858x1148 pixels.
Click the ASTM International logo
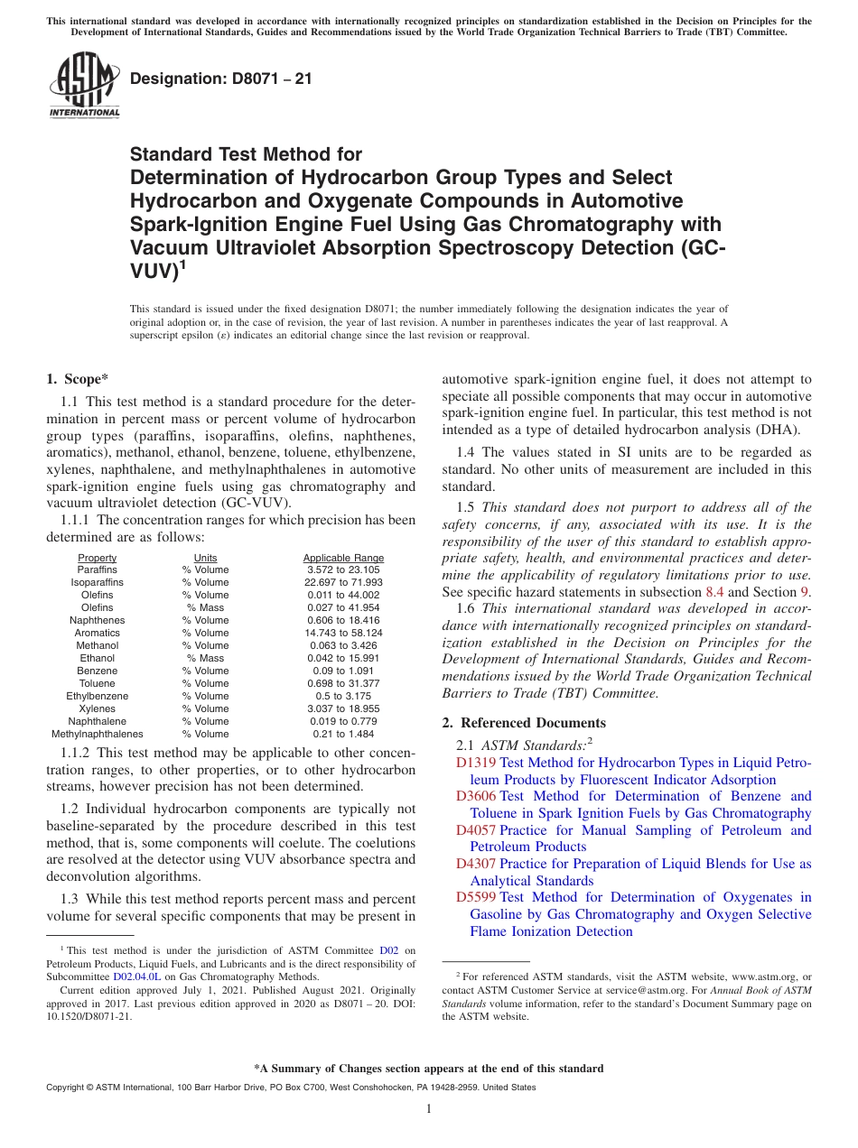[84, 86]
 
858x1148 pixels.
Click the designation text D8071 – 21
[221, 79]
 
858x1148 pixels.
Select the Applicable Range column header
[343, 558]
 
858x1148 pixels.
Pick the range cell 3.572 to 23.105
[343, 570]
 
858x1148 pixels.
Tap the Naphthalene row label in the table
[97, 722]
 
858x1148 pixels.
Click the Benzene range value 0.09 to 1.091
[343, 671]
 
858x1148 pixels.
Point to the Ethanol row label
[97, 659]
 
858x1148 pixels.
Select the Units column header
[205, 558]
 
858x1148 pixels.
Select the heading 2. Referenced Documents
[524, 723]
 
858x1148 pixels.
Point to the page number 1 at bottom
[429, 1108]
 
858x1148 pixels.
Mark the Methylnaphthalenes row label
[97, 735]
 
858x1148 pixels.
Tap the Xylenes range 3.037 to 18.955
[343, 709]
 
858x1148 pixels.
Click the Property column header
[97, 558]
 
